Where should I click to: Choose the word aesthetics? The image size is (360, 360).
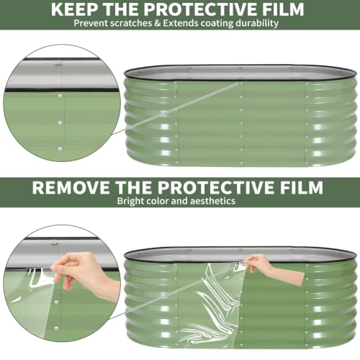pos(212,201)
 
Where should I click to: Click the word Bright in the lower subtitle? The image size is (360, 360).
pos(130,201)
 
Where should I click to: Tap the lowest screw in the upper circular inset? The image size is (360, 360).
pos(60,149)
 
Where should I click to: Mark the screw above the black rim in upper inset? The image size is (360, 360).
pos(58,65)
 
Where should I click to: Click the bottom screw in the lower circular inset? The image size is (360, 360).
pos(56,328)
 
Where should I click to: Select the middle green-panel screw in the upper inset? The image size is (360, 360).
pos(60,123)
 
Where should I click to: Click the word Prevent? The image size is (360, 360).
pos(89,23)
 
